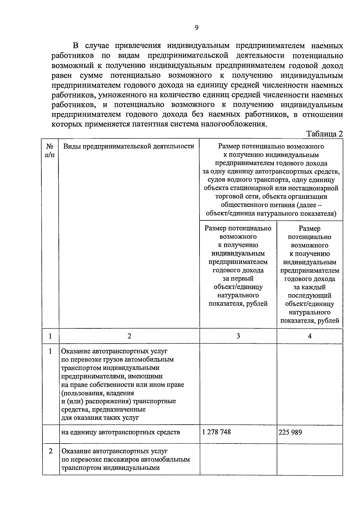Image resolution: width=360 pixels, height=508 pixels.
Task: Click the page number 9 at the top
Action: coord(196,28)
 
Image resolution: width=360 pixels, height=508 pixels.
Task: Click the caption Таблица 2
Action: coord(324,134)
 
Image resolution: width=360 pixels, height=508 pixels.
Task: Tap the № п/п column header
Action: coord(50,151)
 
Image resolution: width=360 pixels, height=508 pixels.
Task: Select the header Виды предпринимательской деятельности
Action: coord(129,146)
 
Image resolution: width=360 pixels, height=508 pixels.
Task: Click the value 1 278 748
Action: coord(217,432)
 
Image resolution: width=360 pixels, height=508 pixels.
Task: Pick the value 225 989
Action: coord(290,432)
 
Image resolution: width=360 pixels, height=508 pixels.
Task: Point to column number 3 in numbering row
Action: coord(238,336)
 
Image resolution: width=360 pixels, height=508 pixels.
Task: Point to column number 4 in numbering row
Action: coord(310,336)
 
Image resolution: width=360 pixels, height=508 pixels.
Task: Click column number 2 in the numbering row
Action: coord(129,336)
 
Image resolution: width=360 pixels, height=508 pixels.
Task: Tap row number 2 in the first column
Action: coord(50,451)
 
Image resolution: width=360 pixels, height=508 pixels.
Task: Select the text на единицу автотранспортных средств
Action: coord(121,432)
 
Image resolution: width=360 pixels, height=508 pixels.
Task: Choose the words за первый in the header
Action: coord(238,279)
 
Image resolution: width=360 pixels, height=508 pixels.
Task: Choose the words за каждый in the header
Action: coord(310,287)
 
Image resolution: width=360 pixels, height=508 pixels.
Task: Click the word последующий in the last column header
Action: coord(310,295)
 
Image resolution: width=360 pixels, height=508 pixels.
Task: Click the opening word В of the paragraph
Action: coord(76,46)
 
